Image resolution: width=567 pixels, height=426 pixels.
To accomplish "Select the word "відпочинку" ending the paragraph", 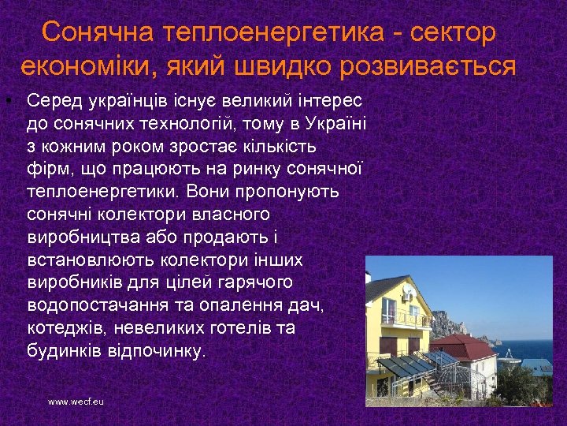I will pyautogui.click(x=164, y=349).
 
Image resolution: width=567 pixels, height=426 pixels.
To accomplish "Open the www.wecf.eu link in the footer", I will pyautogui.click(x=76, y=402).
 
